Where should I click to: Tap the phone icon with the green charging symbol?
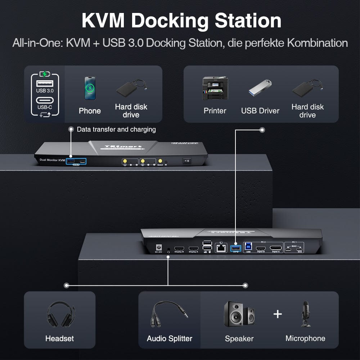(90, 88)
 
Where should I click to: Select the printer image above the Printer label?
(215, 88)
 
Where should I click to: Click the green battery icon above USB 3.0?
(45, 74)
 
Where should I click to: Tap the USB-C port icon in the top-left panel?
(45, 100)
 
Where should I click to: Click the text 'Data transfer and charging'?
(116, 129)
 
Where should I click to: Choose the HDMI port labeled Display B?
(179, 248)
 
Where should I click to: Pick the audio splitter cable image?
(169, 315)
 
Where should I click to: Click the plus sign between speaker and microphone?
(278, 314)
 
